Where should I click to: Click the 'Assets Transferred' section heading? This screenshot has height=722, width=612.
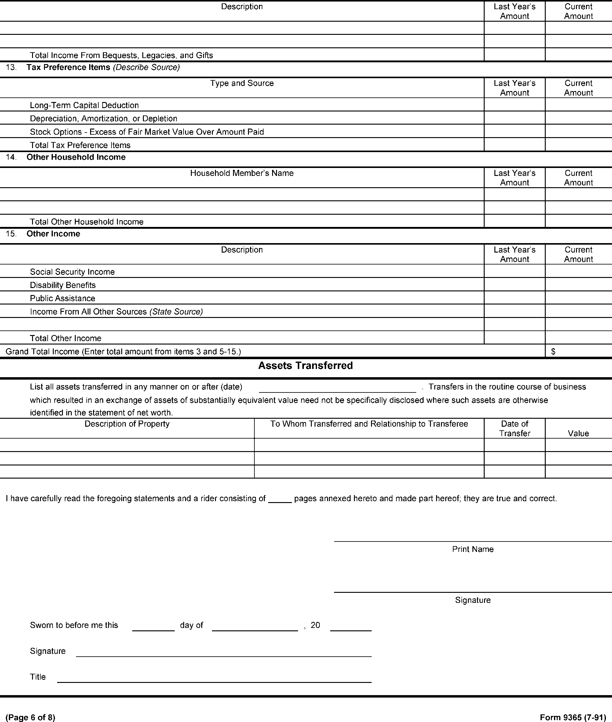coord(305,366)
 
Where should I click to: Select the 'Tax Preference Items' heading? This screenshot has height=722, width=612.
coord(68,67)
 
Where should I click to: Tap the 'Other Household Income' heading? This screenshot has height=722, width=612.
coord(76,157)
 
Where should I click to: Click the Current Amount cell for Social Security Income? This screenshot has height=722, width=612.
coord(578,271)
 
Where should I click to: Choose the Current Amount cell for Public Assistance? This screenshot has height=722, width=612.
coord(578,298)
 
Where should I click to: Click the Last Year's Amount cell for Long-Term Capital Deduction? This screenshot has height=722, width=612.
coord(514,105)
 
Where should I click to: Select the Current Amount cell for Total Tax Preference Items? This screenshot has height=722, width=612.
coord(578,145)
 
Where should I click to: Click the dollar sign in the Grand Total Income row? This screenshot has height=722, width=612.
coord(553,352)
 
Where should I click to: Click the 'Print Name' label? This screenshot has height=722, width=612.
coord(472,549)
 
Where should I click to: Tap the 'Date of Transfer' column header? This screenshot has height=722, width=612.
coord(514,428)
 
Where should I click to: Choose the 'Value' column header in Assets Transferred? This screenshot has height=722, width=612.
coord(578,433)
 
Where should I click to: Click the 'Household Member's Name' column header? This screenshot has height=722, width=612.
coord(242,173)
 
